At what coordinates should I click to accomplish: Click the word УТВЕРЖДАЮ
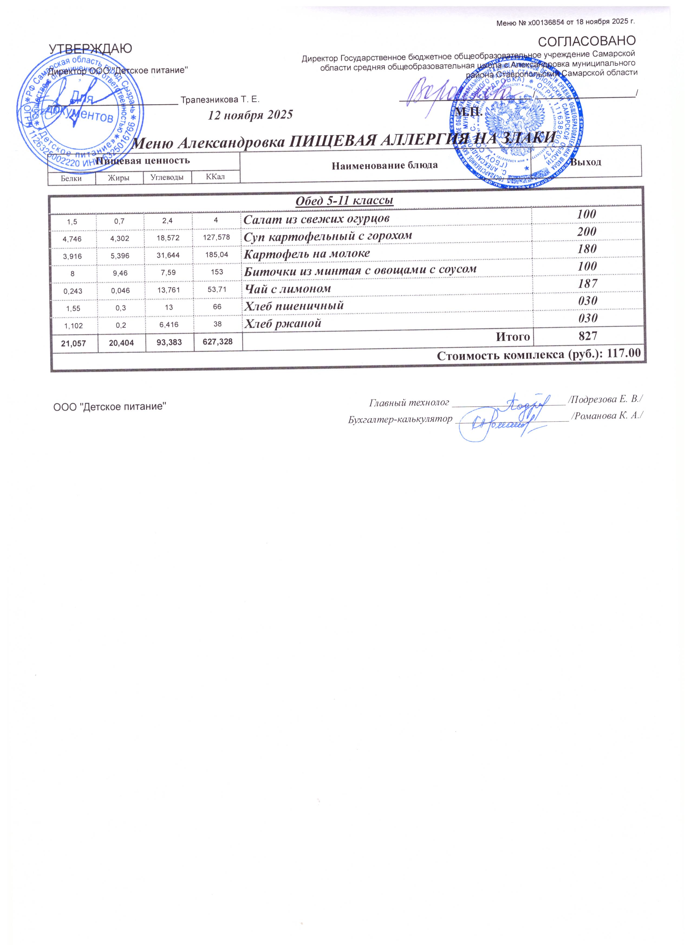coord(90,49)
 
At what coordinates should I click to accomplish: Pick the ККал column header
coord(215,177)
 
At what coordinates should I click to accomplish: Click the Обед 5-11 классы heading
coord(344,200)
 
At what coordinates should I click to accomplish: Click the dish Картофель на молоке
coord(307,254)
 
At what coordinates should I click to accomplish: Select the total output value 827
coord(586,335)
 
